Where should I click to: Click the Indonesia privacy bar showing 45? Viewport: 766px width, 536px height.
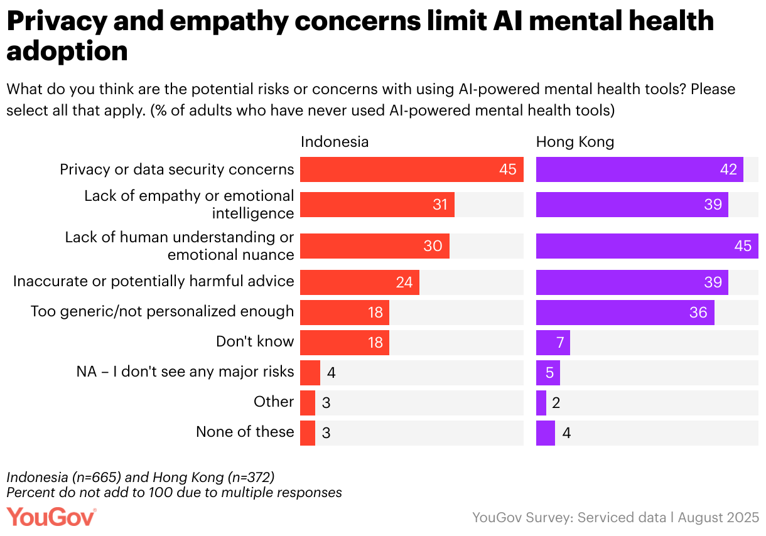411,169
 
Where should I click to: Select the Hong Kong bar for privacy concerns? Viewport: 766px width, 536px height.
639,169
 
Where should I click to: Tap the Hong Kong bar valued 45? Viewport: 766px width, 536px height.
647,246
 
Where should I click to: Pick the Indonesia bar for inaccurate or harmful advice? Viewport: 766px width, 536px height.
359,282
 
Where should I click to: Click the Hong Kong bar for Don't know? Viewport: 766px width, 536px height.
553,343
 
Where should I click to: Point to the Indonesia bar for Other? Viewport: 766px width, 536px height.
308,403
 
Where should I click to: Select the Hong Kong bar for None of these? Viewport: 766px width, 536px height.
545,433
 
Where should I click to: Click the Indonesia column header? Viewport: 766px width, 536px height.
335,142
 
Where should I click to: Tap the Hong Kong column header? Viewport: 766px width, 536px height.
574,142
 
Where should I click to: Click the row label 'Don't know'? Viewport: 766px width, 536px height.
255,341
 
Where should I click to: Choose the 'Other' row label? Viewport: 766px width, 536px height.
274,402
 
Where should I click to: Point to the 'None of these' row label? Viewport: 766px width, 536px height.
245,432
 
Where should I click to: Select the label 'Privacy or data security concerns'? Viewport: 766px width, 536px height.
176,169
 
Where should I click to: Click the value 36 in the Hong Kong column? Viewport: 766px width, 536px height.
698,313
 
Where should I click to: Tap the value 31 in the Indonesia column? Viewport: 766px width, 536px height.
440,205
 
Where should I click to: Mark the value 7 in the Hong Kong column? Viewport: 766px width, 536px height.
560,343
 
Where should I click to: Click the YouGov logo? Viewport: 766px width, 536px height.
51,517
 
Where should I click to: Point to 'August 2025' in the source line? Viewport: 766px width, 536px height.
718,518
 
